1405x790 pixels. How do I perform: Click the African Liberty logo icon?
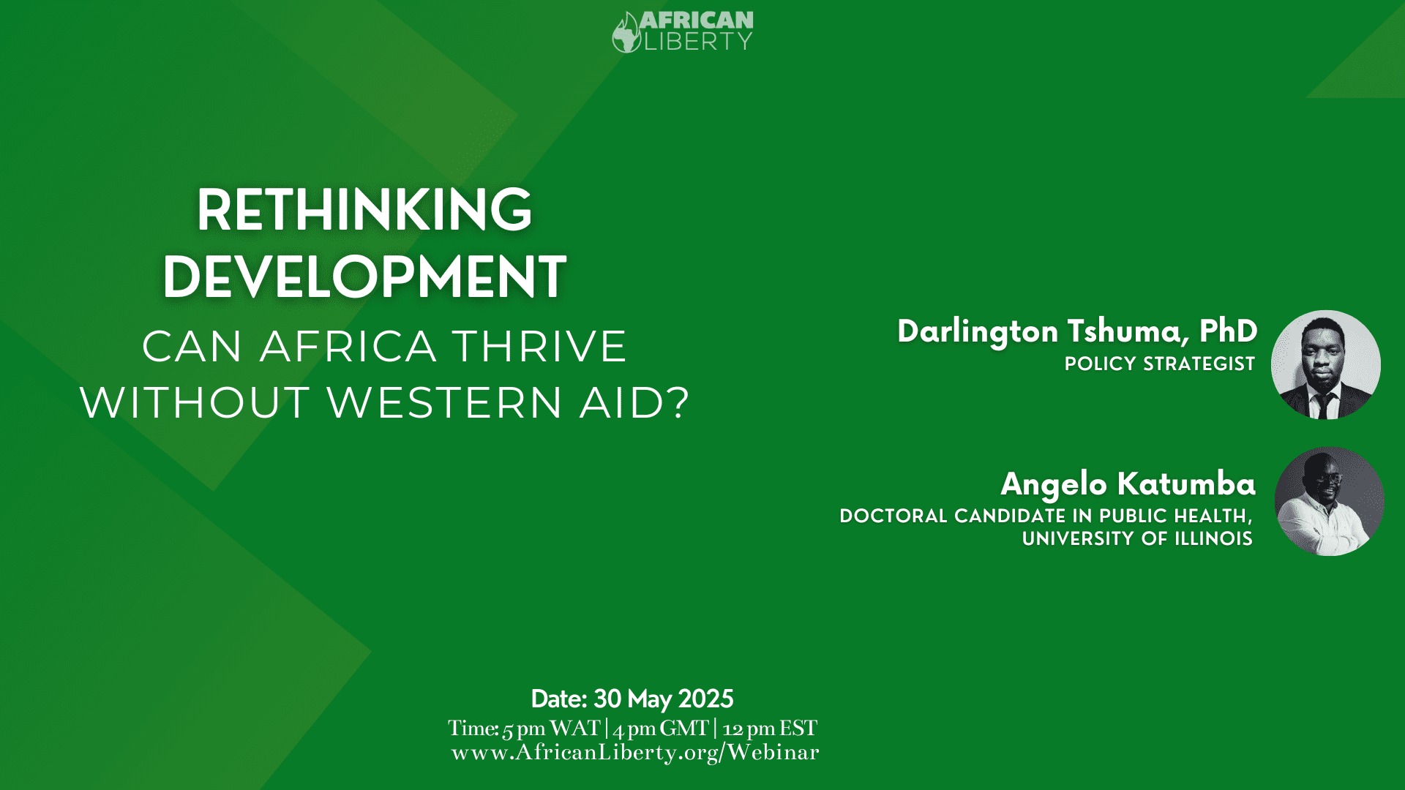coord(627,32)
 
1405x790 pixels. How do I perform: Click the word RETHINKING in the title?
coord(364,210)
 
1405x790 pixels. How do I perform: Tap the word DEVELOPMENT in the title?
coord(364,277)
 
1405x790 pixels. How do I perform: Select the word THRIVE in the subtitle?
coord(539,346)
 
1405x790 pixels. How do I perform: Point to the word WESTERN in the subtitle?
coord(445,403)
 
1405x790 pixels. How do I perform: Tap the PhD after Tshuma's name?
coord(1229,331)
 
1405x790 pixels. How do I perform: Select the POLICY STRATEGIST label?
coord(1160,364)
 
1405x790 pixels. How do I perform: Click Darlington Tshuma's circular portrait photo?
coord(1326,364)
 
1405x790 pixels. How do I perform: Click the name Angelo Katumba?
coord(1128,484)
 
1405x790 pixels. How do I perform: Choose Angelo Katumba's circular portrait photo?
coord(1329,501)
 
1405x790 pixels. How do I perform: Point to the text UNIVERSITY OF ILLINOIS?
coord(1137,539)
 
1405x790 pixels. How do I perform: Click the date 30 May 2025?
coord(663,699)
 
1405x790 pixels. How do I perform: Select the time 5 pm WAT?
coord(551,729)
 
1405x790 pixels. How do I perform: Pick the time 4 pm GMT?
coord(661,729)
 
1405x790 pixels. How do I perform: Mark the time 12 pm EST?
coord(770,729)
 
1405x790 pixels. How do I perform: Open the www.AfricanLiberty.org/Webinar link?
coord(635,753)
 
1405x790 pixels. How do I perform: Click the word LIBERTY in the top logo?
coord(697,42)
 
